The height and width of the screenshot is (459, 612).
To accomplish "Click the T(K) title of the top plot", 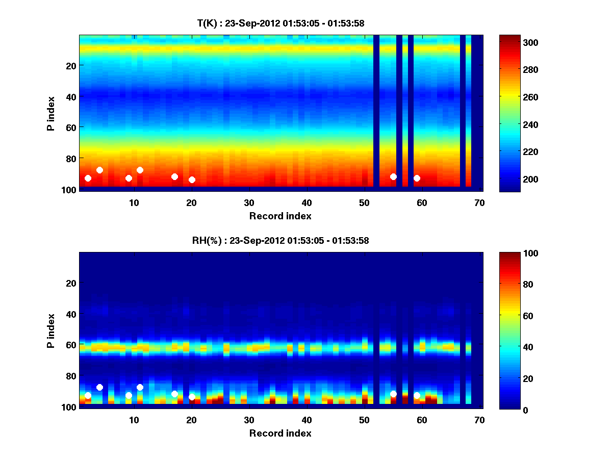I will click(280, 23).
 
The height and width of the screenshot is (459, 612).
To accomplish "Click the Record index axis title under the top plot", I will click(280, 216).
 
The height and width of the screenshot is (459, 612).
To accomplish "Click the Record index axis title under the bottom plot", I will click(280, 433).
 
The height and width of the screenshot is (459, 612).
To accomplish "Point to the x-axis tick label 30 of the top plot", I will click(249, 202).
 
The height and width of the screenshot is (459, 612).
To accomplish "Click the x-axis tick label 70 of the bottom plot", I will click(479, 420).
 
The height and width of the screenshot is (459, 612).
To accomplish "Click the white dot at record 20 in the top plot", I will click(192, 180).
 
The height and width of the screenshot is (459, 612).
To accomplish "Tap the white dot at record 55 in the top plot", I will click(393, 176).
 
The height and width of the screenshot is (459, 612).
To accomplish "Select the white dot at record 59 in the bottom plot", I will click(417, 395).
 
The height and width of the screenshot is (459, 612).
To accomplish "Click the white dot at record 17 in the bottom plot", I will click(174, 394).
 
